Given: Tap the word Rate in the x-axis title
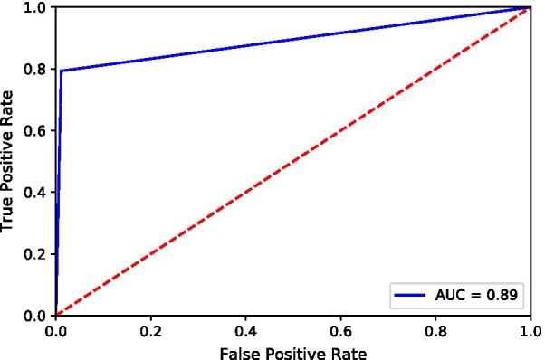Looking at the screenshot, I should point(349,350).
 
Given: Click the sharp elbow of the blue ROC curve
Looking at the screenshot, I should point(62,71).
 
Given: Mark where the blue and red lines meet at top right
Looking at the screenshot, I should point(530,7).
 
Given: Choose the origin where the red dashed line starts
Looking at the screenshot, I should point(56,315).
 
